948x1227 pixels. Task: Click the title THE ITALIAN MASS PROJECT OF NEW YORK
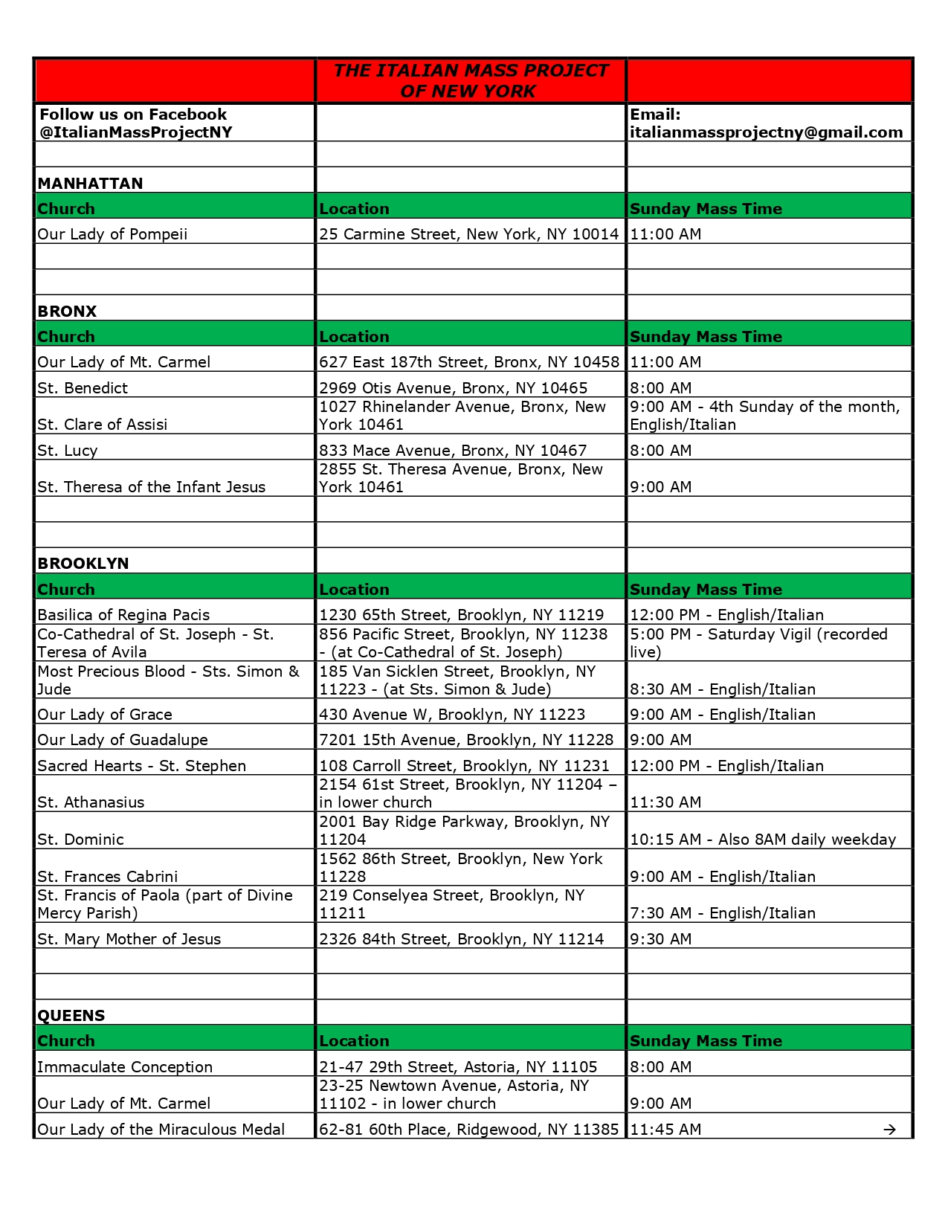(x=470, y=80)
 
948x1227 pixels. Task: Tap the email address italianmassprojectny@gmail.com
(x=766, y=132)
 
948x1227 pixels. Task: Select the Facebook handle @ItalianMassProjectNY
(x=135, y=132)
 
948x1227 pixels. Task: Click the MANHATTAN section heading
(x=90, y=183)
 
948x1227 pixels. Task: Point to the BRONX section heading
(x=67, y=311)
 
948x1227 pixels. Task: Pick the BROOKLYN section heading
(x=83, y=563)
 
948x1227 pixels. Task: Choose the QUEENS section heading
(x=71, y=1015)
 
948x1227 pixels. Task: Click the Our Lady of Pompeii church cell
(x=112, y=234)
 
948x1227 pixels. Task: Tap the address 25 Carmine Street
(x=468, y=234)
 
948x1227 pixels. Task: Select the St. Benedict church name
(x=83, y=388)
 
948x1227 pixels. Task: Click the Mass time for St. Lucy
(x=661, y=451)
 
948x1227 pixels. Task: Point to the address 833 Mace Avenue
(x=453, y=451)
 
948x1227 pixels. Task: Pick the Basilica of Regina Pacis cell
(x=123, y=615)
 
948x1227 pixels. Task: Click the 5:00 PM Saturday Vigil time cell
(x=758, y=643)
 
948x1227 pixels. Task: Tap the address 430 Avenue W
(x=452, y=715)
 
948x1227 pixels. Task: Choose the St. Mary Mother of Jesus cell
(x=129, y=939)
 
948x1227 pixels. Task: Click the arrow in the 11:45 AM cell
(x=889, y=1130)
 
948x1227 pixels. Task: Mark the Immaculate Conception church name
(x=125, y=1067)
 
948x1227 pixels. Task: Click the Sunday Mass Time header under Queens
(x=706, y=1041)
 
